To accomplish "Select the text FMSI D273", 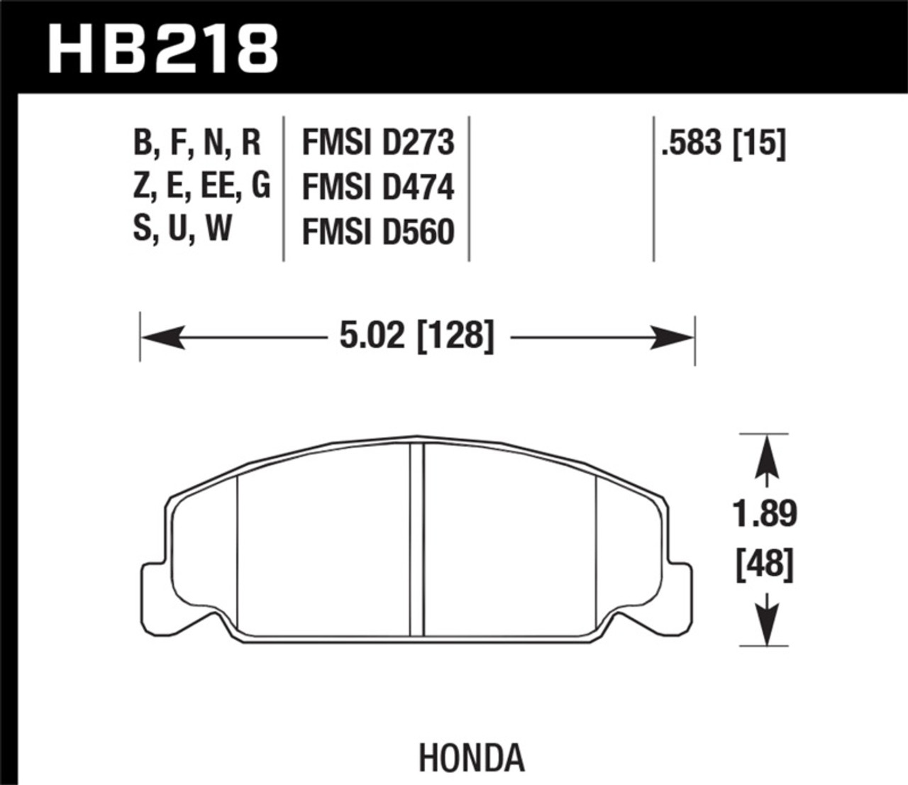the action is click(378, 143).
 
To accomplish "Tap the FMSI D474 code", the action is click(378, 187).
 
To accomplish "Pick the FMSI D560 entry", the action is click(378, 231).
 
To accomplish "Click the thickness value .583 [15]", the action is click(724, 143).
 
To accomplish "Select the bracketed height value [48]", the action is click(765, 564).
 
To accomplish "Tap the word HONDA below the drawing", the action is click(471, 757).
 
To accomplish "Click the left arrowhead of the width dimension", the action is click(162, 338).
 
